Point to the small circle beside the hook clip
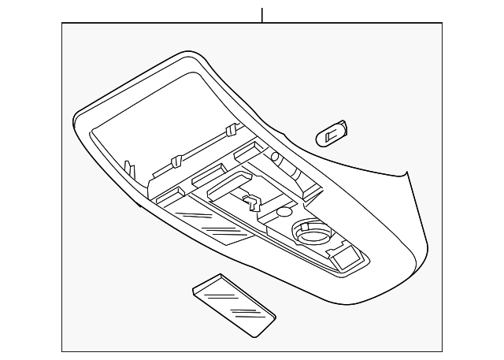point(284,213)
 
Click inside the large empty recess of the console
point(157,130)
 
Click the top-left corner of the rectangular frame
point(62,23)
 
